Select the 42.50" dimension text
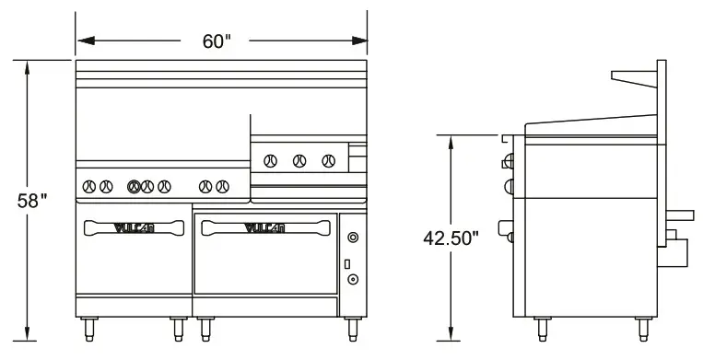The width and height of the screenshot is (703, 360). click(x=451, y=238)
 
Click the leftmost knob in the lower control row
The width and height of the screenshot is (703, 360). click(x=89, y=186)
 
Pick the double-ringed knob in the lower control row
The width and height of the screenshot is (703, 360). click(x=135, y=186)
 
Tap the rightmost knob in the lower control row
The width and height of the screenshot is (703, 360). click(x=223, y=186)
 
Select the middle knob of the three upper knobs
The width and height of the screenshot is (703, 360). click(x=299, y=161)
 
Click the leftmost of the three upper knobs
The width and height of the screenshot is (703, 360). click(x=270, y=161)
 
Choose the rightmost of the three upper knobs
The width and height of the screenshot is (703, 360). click(x=327, y=161)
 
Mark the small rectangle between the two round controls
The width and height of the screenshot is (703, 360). click(x=347, y=264)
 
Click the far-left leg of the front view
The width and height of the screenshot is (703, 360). click(x=88, y=327)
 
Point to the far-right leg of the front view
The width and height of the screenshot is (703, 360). click(x=350, y=327)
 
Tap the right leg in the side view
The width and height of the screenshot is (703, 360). click(x=641, y=327)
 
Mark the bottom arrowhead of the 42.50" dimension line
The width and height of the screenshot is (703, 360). click(x=451, y=333)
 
